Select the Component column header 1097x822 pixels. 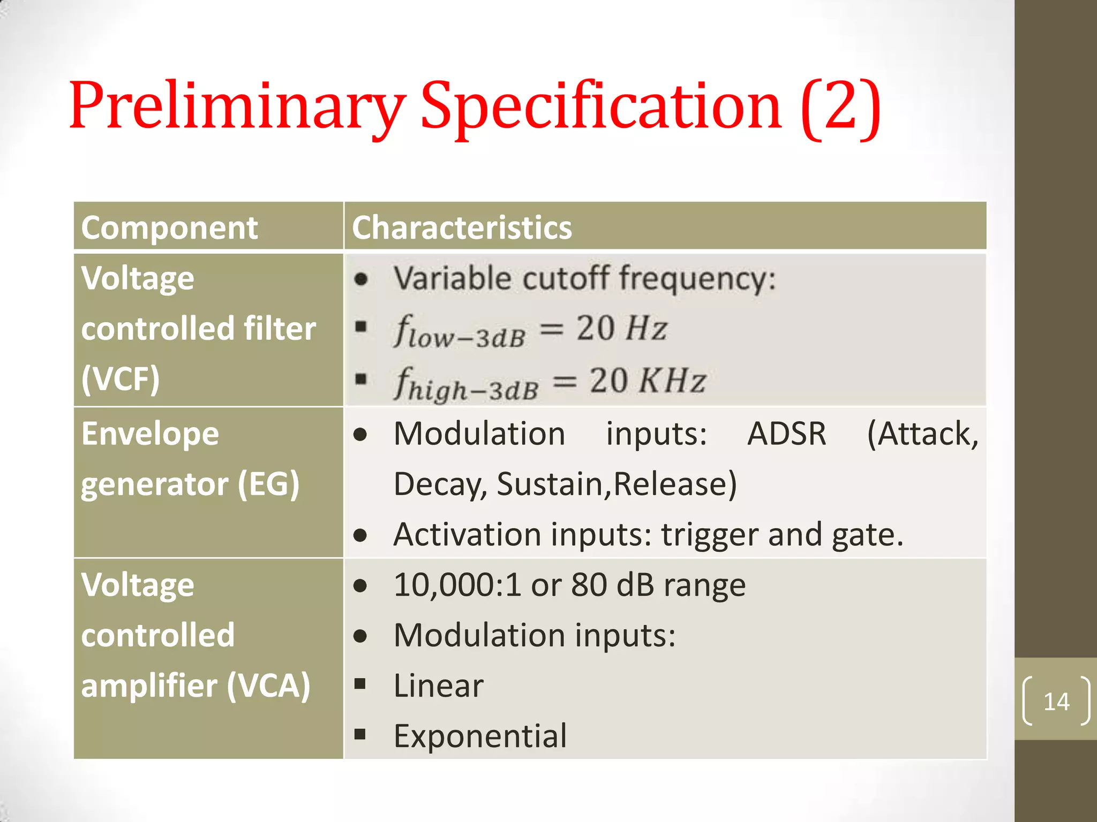point(169,227)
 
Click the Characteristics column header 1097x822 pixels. point(462,227)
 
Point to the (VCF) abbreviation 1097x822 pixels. point(121,379)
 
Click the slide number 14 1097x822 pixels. point(1056,702)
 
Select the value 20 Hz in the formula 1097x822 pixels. point(621,328)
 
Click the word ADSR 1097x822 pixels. point(786,433)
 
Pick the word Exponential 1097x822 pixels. point(480,736)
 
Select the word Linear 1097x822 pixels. point(438,686)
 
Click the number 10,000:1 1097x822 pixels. point(457,584)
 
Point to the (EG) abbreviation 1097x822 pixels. point(268,484)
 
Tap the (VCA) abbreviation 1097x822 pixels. point(268,686)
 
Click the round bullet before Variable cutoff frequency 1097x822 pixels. point(362,279)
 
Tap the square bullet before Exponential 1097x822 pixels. point(360,734)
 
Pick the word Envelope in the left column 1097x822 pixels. point(150,433)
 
